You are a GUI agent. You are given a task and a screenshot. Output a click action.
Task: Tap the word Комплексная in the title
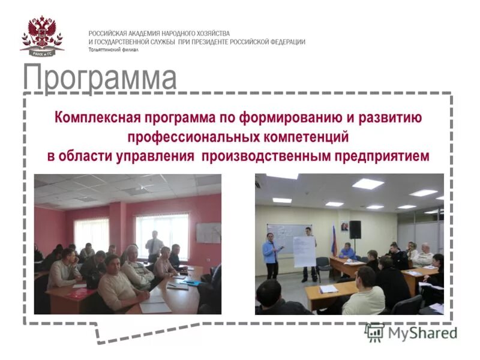[95, 117]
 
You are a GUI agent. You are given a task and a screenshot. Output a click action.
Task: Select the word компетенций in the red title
[305, 137]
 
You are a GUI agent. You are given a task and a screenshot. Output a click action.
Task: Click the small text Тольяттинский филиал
[113, 50]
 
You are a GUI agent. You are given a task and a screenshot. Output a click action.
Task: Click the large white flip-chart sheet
[304, 251]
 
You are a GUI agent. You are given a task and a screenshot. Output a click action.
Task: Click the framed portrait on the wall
[345, 227]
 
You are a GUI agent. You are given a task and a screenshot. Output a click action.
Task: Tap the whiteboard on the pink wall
[208, 233]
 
